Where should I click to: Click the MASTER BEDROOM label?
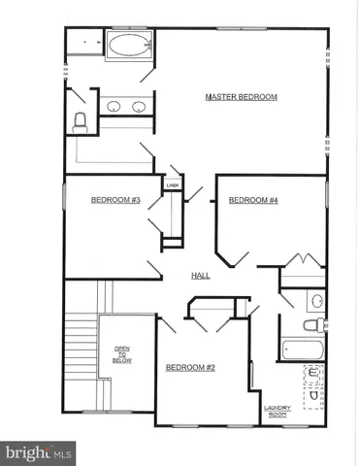coord(242,97)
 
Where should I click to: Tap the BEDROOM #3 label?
coord(116,201)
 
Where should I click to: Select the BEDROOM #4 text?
coord(253,201)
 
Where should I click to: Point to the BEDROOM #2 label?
coord(190,367)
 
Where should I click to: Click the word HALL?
coord(201,276)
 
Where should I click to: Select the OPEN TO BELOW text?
coord(122,354)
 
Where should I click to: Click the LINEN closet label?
coord(174,184)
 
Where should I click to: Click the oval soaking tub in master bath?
coord(127,46)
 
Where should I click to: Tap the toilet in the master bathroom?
coord(80,119)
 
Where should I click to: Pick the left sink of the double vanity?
coord(114,107)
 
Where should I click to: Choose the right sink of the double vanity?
coord(139,107)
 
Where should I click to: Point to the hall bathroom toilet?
coord(311,325)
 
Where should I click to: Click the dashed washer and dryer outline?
coord(312,388)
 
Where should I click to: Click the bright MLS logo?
coord(39,452)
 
